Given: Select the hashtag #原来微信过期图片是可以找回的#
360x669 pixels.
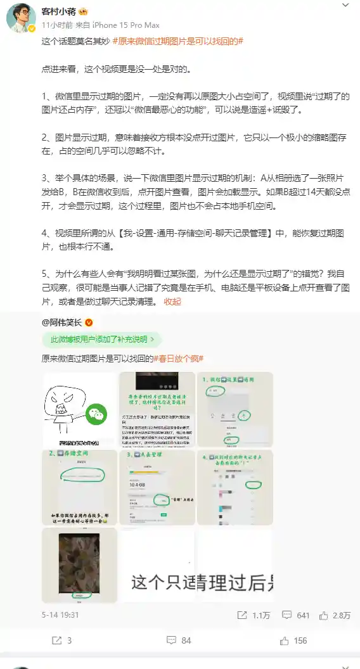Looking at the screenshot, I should [178, 41].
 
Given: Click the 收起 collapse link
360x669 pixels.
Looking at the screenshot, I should [172, 302].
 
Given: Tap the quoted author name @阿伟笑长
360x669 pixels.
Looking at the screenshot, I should [62, 322].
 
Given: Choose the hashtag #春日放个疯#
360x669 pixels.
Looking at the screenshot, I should [179, 359].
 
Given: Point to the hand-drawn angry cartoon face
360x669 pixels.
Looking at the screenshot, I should [60, 405].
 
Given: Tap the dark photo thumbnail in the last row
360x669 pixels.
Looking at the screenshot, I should [79, 564].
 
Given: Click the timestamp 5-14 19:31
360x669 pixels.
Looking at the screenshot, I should [61, 615].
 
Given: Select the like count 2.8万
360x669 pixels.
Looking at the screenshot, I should [336, 615].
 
